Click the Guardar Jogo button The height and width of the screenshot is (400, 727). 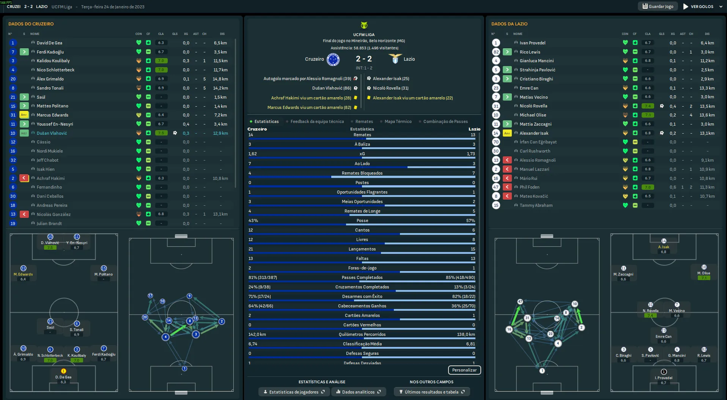[x=658, y=6]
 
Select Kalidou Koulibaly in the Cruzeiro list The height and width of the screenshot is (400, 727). [x=53, y=61]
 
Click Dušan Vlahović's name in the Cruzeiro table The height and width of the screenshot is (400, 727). [x=52, y=133]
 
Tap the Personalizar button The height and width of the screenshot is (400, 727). [x=464, y=370]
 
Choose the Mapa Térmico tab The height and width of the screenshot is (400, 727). [x=398, y=121]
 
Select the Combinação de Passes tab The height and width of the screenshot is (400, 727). [x=445, y=121]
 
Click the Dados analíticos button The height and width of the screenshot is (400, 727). [x=359, y=392]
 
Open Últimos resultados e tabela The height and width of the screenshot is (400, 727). [x=432, y=392]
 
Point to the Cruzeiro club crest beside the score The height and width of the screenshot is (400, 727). [x=333, y=59]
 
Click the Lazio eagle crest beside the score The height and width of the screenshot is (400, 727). [x=395, y=59]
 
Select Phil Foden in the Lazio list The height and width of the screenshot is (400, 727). [x=529, y=187]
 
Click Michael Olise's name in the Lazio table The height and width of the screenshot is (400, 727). [x=533, y=115]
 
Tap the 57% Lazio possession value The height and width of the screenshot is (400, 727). [x=470, y=220]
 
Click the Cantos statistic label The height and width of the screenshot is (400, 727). [x=362, y=230]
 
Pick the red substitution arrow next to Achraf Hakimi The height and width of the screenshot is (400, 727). [x=24, y=178]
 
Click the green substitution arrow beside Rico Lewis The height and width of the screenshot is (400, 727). [x=507, y=52]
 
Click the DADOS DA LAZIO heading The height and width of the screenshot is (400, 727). [x=509, y=24]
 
